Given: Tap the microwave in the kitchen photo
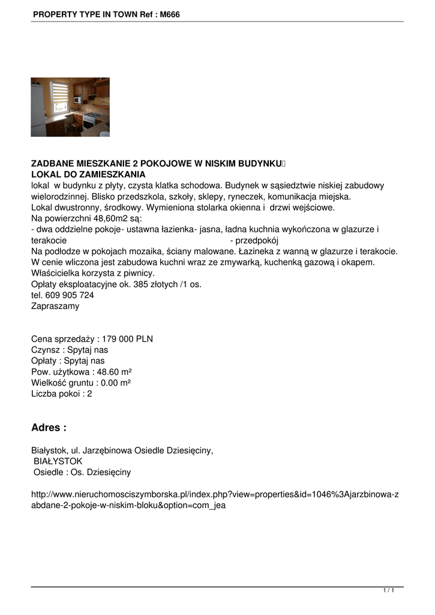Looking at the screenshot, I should [78, 100].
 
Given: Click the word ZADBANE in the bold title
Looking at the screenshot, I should [50, 163].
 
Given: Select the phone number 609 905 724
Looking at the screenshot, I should [70, 295].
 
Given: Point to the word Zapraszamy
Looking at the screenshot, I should [55, 306].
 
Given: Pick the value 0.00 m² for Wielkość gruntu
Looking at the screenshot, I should [112, 383].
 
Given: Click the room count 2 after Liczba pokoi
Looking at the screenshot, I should [89, 394].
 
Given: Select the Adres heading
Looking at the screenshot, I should [49, 428].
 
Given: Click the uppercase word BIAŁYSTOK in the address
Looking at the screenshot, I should [58, 461].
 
